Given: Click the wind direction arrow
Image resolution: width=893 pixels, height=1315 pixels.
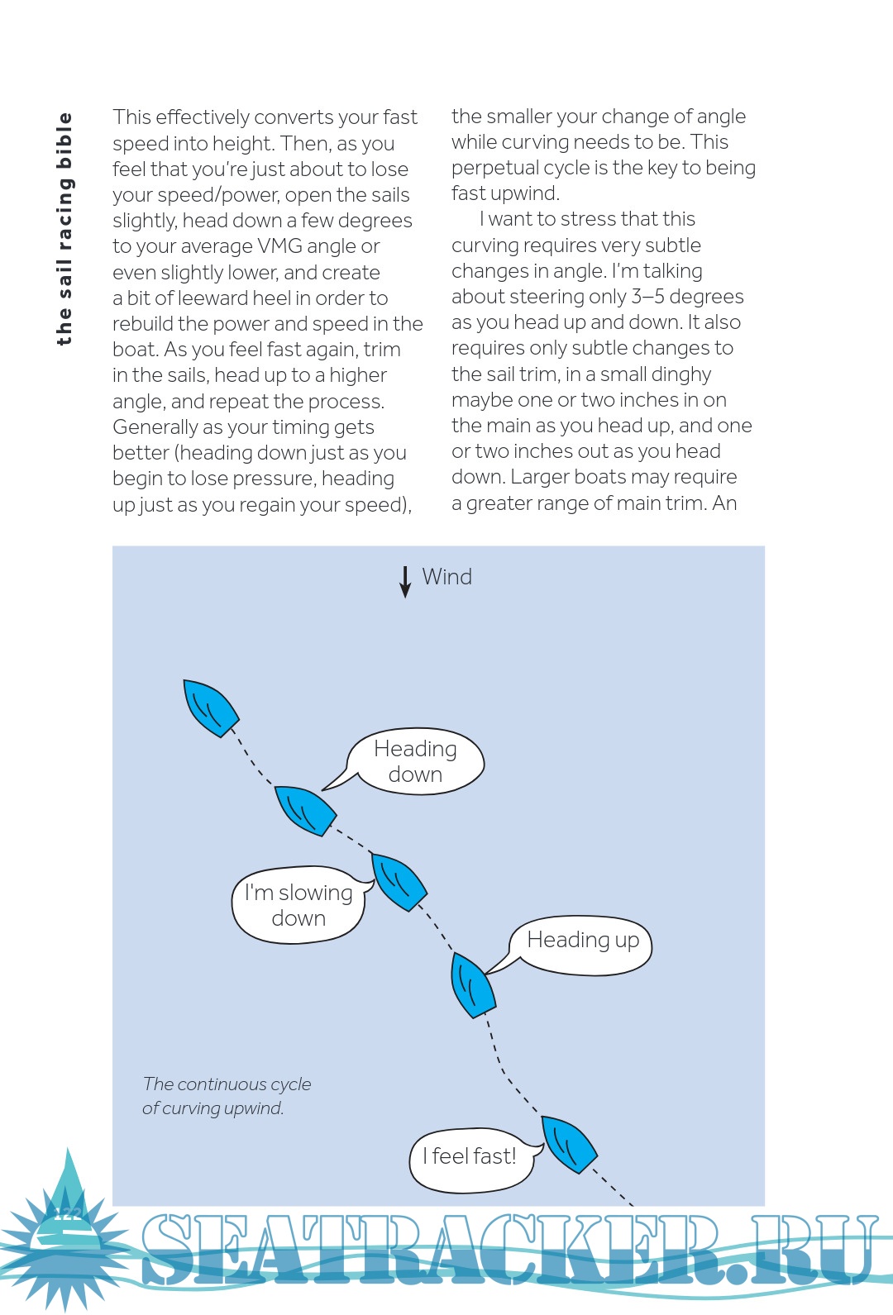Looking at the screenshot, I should (405, 581).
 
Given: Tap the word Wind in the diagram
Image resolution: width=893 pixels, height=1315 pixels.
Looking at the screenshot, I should (446, 577).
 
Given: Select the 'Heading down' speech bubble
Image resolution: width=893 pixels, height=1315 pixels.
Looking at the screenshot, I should (415, 761).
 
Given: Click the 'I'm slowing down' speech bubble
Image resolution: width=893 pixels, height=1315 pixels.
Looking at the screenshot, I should (298, 905).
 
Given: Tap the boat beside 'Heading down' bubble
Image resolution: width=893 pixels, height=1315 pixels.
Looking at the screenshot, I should (304, 810).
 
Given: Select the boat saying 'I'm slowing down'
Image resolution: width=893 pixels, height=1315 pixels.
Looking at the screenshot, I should (399, 881).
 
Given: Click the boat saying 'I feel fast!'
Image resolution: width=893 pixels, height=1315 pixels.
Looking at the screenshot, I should (569, 1143).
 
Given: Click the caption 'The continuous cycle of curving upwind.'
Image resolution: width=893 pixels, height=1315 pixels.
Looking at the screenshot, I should (226, 1096).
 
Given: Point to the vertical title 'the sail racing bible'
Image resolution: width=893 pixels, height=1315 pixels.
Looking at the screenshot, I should (64, 229).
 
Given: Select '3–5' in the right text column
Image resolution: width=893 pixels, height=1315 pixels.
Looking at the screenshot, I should (647, 297).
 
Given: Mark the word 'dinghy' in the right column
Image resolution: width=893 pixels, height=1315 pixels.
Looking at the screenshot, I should (680, 374).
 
